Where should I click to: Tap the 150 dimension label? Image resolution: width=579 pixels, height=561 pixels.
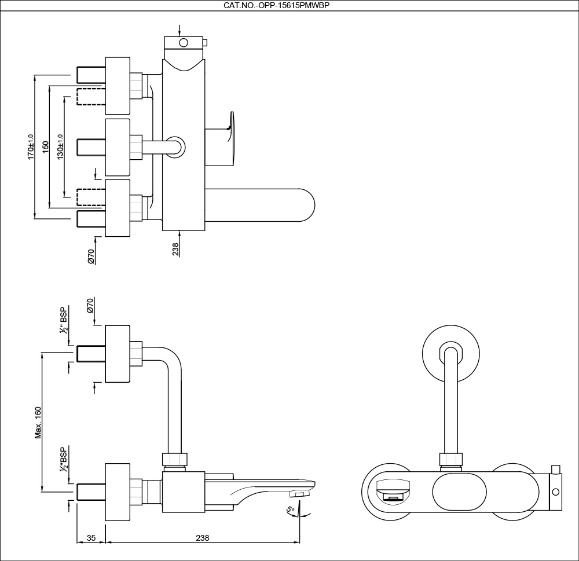(46, 149)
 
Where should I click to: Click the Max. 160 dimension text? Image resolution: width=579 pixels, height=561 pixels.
(38, 423)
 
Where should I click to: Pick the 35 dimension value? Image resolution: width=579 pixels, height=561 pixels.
(91, 537)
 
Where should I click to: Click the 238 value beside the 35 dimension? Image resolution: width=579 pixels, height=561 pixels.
(201, 537)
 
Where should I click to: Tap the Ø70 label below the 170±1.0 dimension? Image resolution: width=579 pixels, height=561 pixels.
(91, 256)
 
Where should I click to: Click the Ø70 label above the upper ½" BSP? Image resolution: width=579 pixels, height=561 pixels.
(90, 306)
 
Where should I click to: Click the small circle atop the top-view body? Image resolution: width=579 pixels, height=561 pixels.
(184, 42)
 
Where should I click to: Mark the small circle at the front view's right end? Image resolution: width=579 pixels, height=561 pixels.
(555, 492)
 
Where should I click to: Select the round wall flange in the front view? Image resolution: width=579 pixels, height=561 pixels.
(451, 354)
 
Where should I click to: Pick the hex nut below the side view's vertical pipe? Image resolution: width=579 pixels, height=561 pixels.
(175, 460)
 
